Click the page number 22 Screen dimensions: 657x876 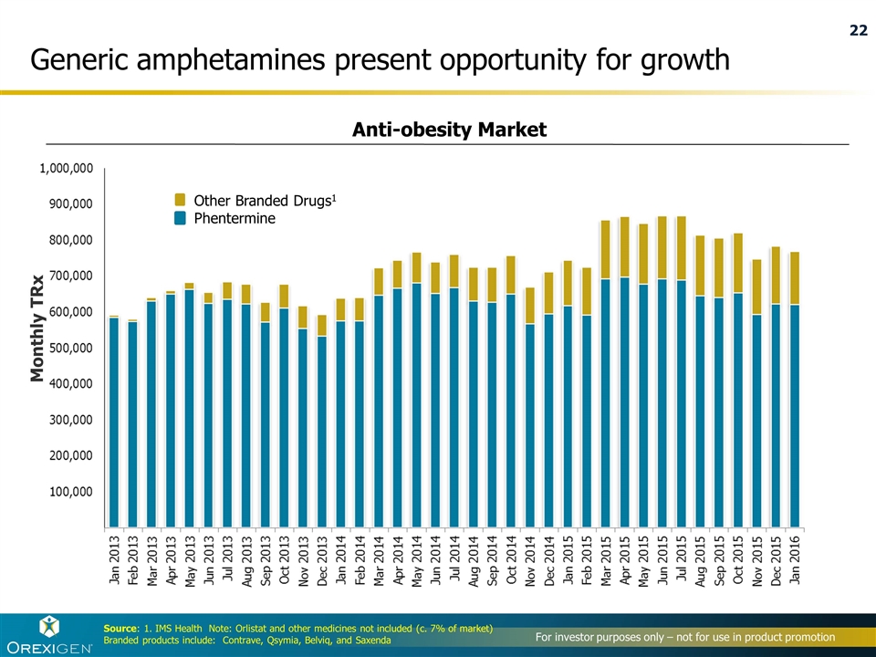coord(858,31)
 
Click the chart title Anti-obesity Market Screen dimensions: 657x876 coord(449,130)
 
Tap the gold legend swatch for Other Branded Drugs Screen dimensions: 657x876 coord(180,200)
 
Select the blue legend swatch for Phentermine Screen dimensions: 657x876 coord(180,218)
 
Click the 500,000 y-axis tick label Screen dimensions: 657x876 coord(69,348)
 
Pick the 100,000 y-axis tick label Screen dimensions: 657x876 coord(69,491)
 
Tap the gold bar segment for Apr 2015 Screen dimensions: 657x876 coord(624,246)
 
